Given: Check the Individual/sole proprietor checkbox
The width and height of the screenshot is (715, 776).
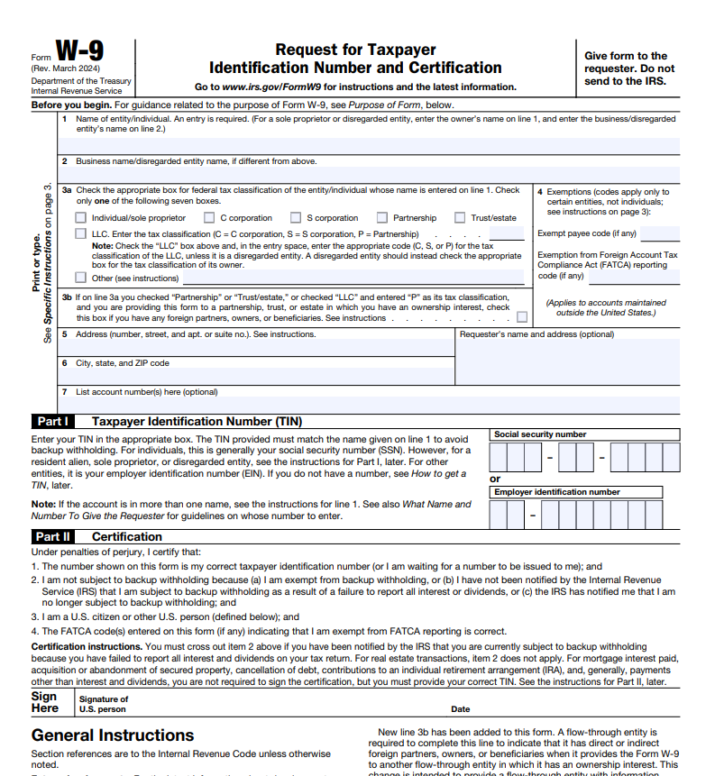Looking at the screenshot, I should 81,218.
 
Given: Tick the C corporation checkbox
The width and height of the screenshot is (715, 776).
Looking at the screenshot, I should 209,218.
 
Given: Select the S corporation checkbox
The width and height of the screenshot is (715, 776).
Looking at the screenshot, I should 296,218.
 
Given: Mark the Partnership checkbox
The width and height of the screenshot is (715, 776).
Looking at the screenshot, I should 382,218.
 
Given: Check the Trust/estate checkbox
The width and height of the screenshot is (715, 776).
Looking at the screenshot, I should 460,218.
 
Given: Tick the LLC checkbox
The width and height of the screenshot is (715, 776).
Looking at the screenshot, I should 81,234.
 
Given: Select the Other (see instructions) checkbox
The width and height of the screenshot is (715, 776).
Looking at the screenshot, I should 81,278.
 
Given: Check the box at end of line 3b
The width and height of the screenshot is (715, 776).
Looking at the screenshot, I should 522,317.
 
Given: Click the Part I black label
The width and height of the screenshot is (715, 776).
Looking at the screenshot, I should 53,421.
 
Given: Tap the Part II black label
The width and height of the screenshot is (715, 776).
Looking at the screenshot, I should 53,536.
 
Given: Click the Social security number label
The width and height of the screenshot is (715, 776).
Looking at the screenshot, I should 540,434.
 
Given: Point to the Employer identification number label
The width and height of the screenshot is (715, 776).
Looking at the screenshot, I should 557,492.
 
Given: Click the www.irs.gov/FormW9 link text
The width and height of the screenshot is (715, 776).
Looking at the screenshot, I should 272,87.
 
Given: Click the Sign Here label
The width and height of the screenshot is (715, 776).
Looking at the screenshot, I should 44,702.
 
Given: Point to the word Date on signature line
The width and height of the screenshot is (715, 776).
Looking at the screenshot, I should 460,709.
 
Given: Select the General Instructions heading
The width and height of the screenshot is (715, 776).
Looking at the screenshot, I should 113,735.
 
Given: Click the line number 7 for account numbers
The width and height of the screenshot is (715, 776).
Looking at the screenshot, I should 64,392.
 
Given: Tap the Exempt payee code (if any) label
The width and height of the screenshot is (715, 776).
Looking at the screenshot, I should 587,233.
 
